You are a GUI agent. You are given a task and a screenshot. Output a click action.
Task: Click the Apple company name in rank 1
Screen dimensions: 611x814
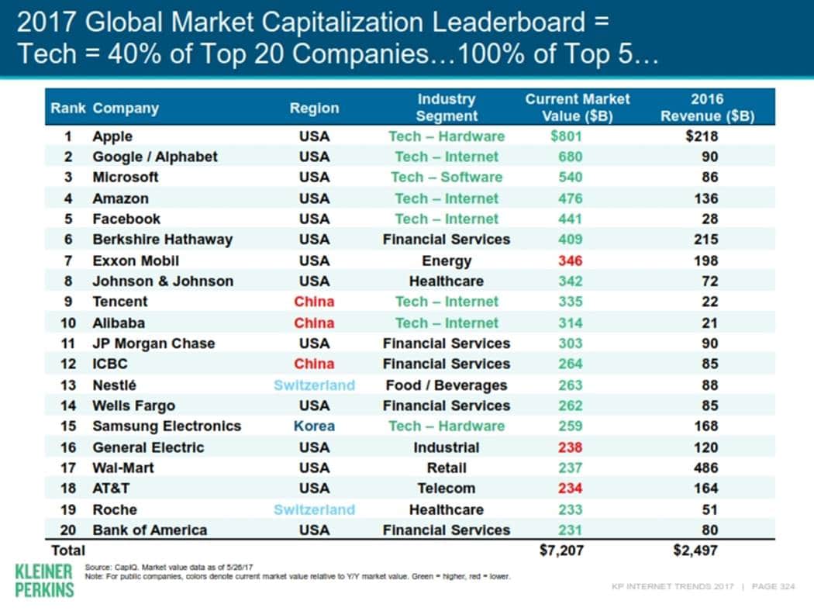112,136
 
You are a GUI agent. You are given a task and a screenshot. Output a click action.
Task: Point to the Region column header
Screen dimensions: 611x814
314,109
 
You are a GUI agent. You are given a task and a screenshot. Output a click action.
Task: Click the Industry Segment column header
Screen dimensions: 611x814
446,108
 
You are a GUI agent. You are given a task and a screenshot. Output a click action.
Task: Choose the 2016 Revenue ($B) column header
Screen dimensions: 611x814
706,108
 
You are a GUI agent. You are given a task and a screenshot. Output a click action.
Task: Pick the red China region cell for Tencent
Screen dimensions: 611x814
314,302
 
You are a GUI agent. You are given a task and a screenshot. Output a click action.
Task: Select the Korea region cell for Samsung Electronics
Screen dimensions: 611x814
314,426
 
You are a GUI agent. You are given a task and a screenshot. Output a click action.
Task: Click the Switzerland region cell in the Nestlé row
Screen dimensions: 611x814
314,385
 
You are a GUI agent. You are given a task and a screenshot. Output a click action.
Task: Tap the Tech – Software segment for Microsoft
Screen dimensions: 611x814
446,177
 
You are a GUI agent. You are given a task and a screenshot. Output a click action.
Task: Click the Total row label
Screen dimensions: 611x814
67,551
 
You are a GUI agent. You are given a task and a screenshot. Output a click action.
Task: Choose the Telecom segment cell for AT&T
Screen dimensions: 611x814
446,488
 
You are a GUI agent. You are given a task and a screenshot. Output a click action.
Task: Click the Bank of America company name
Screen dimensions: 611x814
150,530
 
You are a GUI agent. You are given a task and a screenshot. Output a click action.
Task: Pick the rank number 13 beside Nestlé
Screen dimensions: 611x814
68,385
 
